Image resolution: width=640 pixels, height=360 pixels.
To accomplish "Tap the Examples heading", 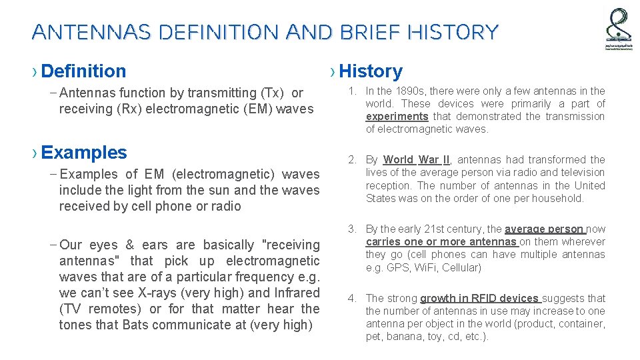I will pyautogui.click(x=83, y=152).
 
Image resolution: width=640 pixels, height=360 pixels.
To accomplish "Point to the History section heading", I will pyautogui.click(x=371, y=71).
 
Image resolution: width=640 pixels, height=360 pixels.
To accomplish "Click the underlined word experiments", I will pyautogui.click(x=397, y=117).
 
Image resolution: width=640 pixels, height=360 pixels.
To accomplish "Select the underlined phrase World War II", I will pyautogui.click(x=417, y=160).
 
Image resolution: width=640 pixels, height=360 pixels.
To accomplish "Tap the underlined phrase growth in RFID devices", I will pyautogui.click(x=480, y=299).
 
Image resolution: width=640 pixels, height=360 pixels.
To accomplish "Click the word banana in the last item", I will pyautogui.click(x=405, y=337).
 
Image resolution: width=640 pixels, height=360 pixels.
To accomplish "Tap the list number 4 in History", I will pyautogui.click(x=351, y=299).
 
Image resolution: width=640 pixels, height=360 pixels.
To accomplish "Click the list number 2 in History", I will pyautogui.click(x=351, y=160).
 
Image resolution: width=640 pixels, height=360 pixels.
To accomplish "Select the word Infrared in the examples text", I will pyautogui.click(x=295, y=293).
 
